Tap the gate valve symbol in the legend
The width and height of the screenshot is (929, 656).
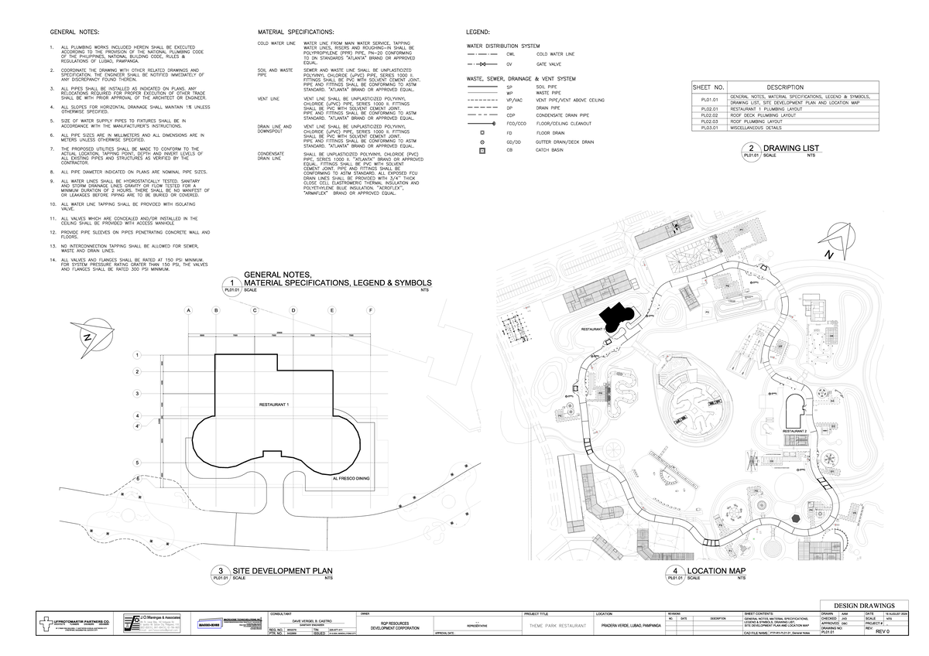click(482, 66)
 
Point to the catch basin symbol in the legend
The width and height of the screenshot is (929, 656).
click(482, 150)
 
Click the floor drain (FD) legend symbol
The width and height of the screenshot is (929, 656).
click(482, 133)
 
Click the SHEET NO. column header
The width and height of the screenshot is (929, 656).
click(709, 87)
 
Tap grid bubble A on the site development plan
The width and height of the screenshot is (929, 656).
click(187, 311)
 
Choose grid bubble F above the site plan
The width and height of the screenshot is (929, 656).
click(371, 311)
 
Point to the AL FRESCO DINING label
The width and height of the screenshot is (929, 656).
click(351, 479)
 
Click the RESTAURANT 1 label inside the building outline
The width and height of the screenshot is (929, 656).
click(274, 405)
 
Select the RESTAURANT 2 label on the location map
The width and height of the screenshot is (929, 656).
click(795, 430)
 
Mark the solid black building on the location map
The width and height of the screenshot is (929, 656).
click(616, 317)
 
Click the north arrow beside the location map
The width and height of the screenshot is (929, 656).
click(836, 239)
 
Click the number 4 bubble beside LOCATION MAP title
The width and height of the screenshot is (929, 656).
click(675, 572)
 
